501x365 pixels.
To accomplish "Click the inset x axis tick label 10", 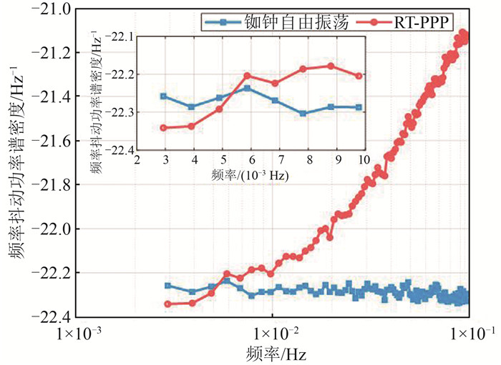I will (363, 159).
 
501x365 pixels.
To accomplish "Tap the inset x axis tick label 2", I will (137, 159).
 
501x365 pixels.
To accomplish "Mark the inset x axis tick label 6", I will (250, 159).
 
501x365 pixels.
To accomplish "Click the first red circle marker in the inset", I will (164, 128).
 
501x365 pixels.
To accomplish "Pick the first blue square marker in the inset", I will (164, 96).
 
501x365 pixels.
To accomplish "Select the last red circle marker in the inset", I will (359, 76).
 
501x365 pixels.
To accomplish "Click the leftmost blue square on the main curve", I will (167, 286).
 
